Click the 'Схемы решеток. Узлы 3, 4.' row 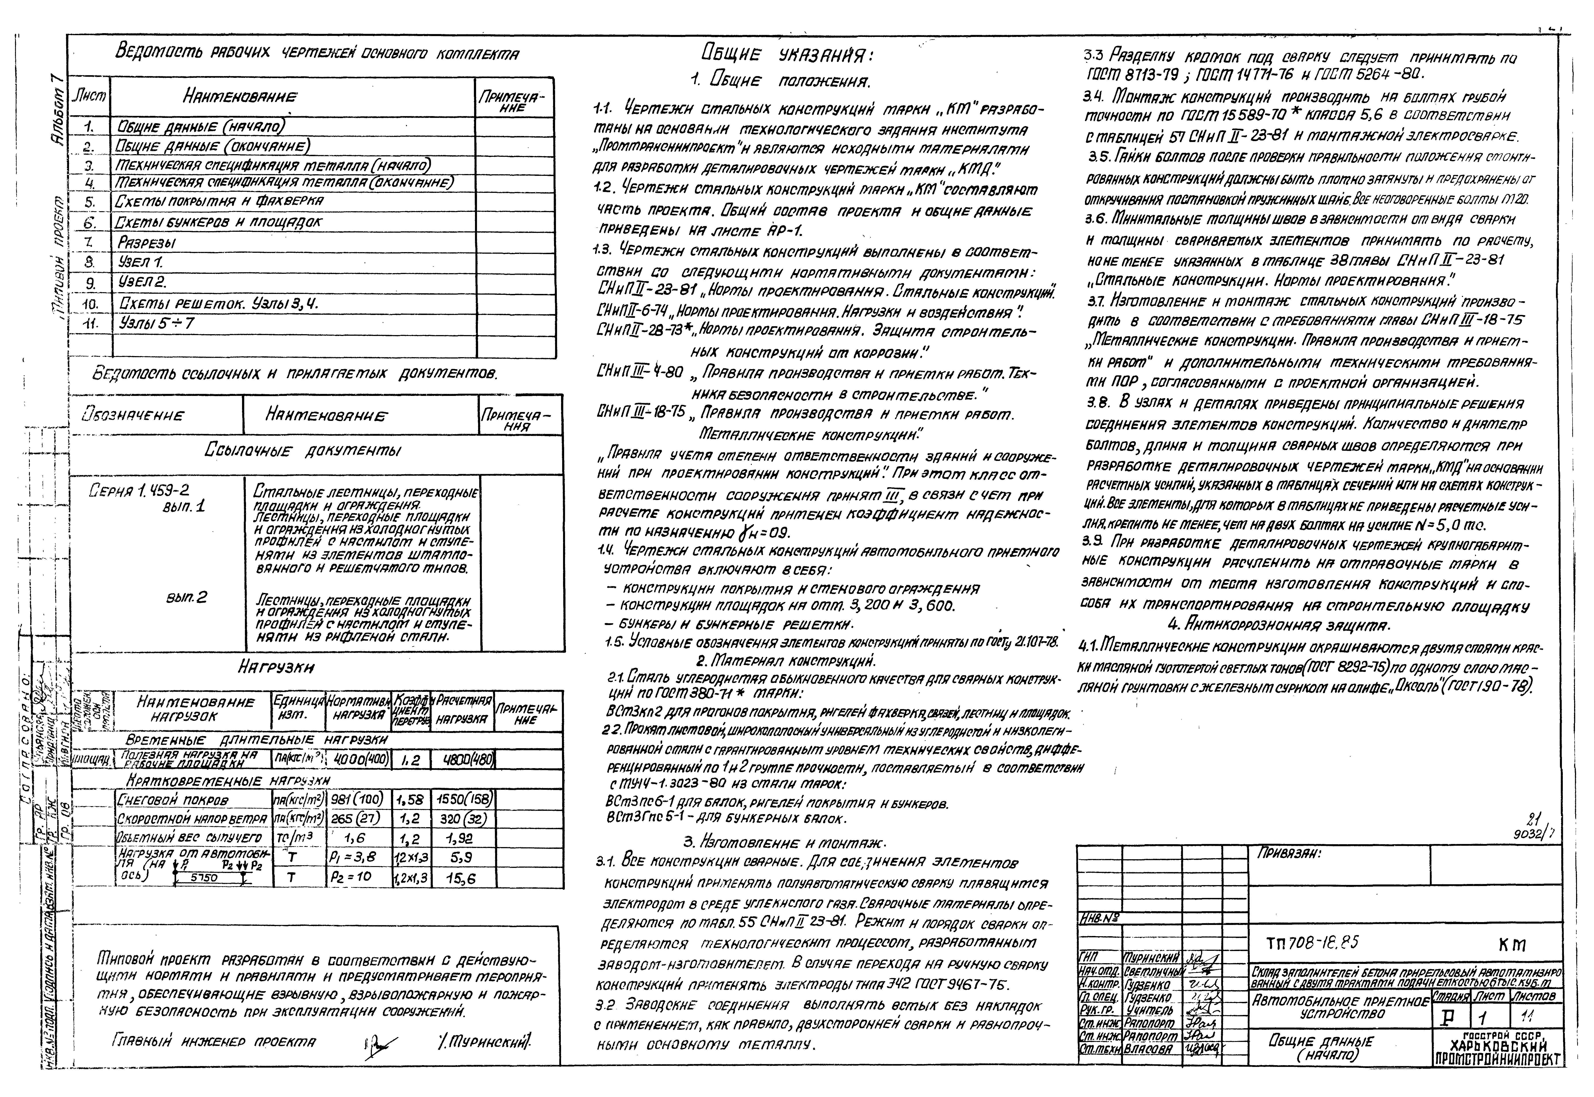click(x=218, y=303)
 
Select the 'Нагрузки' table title click(x=276, y=667)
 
